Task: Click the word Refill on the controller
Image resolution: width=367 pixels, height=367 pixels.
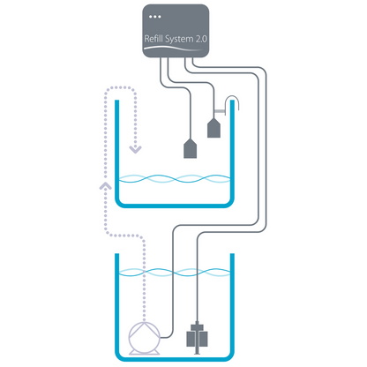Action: tap(155, 38)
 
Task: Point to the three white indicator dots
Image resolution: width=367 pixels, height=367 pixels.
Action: tap(155, 17)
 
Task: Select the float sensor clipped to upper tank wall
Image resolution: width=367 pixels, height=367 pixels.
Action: tap(213, 129)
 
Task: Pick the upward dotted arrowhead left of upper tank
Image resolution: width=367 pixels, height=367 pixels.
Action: tap(105, 186)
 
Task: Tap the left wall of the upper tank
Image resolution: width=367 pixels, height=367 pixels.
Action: tap(117, 150)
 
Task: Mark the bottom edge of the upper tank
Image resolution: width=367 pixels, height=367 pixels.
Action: tap(176, 205)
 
